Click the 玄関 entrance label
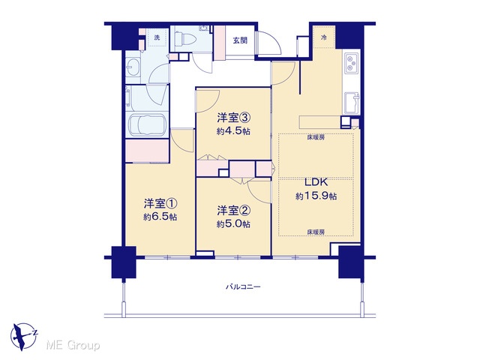pyautogui.click(x=240, y=40)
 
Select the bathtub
pyautogui.click(x=147, y=125)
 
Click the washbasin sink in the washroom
pyautogui.click(x=133, y=67)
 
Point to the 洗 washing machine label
pyautogui.click(x=157, y=37)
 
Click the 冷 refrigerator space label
pyautogui.click(x=323, y=37)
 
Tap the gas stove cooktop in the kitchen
pyautogui.click(x=352, y=63)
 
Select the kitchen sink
pyautogui.click(x=352, y=103)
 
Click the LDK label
pyautogui.click(x=316, y=182)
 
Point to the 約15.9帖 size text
pyautogui.click(x=316, y=196)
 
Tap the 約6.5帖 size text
pyautogui.click(x=160, y=217)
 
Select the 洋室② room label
pyautogui.click(x=234, y=210)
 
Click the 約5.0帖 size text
pyautogui.click(x=233, y=224)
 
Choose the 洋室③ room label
pyautogui.click(x=234, y=118)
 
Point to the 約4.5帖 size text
pyautogui.click(x=233, y=131)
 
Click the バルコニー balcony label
pyautogui.click(x=243, y=286)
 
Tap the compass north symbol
pyautogui.click(x=23, y=337)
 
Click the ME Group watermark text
pyautogui.click(x=73, y=345)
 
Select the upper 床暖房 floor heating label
pyautogui.click(x=316, y=137)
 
